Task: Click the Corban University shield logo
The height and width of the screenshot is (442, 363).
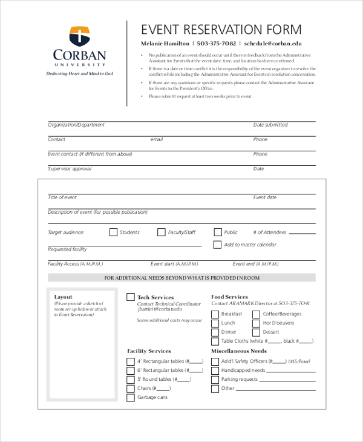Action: click(79, 36)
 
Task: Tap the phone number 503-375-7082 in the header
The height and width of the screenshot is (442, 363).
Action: click(216, 44)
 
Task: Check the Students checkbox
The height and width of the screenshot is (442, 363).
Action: click(113, 232)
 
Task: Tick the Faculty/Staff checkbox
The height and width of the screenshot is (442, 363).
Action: click(162, 232)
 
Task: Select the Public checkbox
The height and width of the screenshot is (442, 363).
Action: click(218, 232)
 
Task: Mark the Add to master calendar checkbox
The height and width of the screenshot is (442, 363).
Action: click(218, 245)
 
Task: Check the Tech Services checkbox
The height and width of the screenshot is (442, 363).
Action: click(131, 297)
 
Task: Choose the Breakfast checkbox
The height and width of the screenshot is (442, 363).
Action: click(215, 314)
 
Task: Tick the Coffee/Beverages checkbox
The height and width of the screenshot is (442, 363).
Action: click(257, 314)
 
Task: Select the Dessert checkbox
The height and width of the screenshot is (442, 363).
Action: click(257, 332)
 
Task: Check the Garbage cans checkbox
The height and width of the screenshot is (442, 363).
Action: click(131, 398)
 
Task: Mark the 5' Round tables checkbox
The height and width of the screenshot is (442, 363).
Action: click(131, 380)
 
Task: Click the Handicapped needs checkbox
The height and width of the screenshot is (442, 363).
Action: click(215, 371)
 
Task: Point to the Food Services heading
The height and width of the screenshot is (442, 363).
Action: click(229, 297)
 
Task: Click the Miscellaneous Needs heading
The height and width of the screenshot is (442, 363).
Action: click(239, 351)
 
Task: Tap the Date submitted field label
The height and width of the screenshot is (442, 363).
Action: click(270, 125)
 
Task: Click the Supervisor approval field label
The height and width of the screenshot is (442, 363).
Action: click(70, 169)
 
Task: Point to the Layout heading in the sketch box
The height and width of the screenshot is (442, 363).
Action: click(63, 297)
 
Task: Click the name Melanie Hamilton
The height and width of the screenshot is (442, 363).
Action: click(165, 44)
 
